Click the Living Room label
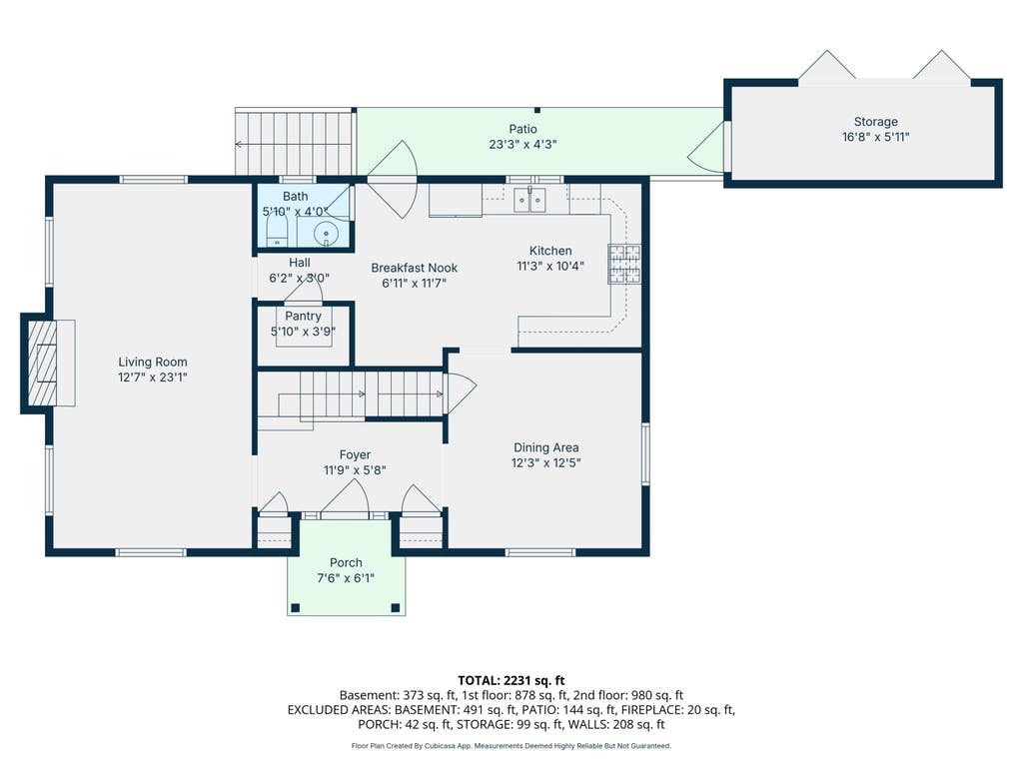click(153, 362)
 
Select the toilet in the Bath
click(278, 231)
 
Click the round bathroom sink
click(326, 233)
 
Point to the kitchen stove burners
click(624, 264)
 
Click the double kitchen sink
click(529, 200)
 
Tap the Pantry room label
click(303, 317)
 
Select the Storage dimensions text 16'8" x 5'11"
click(875, 137)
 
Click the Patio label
click(523, 129)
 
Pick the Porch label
click(346, 563)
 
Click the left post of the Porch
click(295, 608)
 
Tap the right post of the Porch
click(395, 608)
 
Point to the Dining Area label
click(546, 447)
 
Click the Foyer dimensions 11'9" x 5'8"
click(355, 470)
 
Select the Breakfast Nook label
click(415, 268)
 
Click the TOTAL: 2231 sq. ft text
click(511, 681)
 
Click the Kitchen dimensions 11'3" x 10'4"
click(550, 266)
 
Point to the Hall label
click(300, 263)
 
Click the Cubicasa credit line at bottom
click(511, 745)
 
